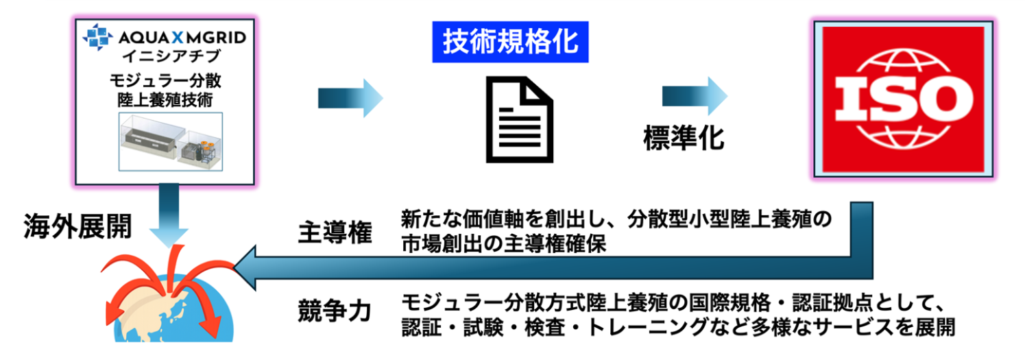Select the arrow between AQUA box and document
[x=350, y=97]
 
